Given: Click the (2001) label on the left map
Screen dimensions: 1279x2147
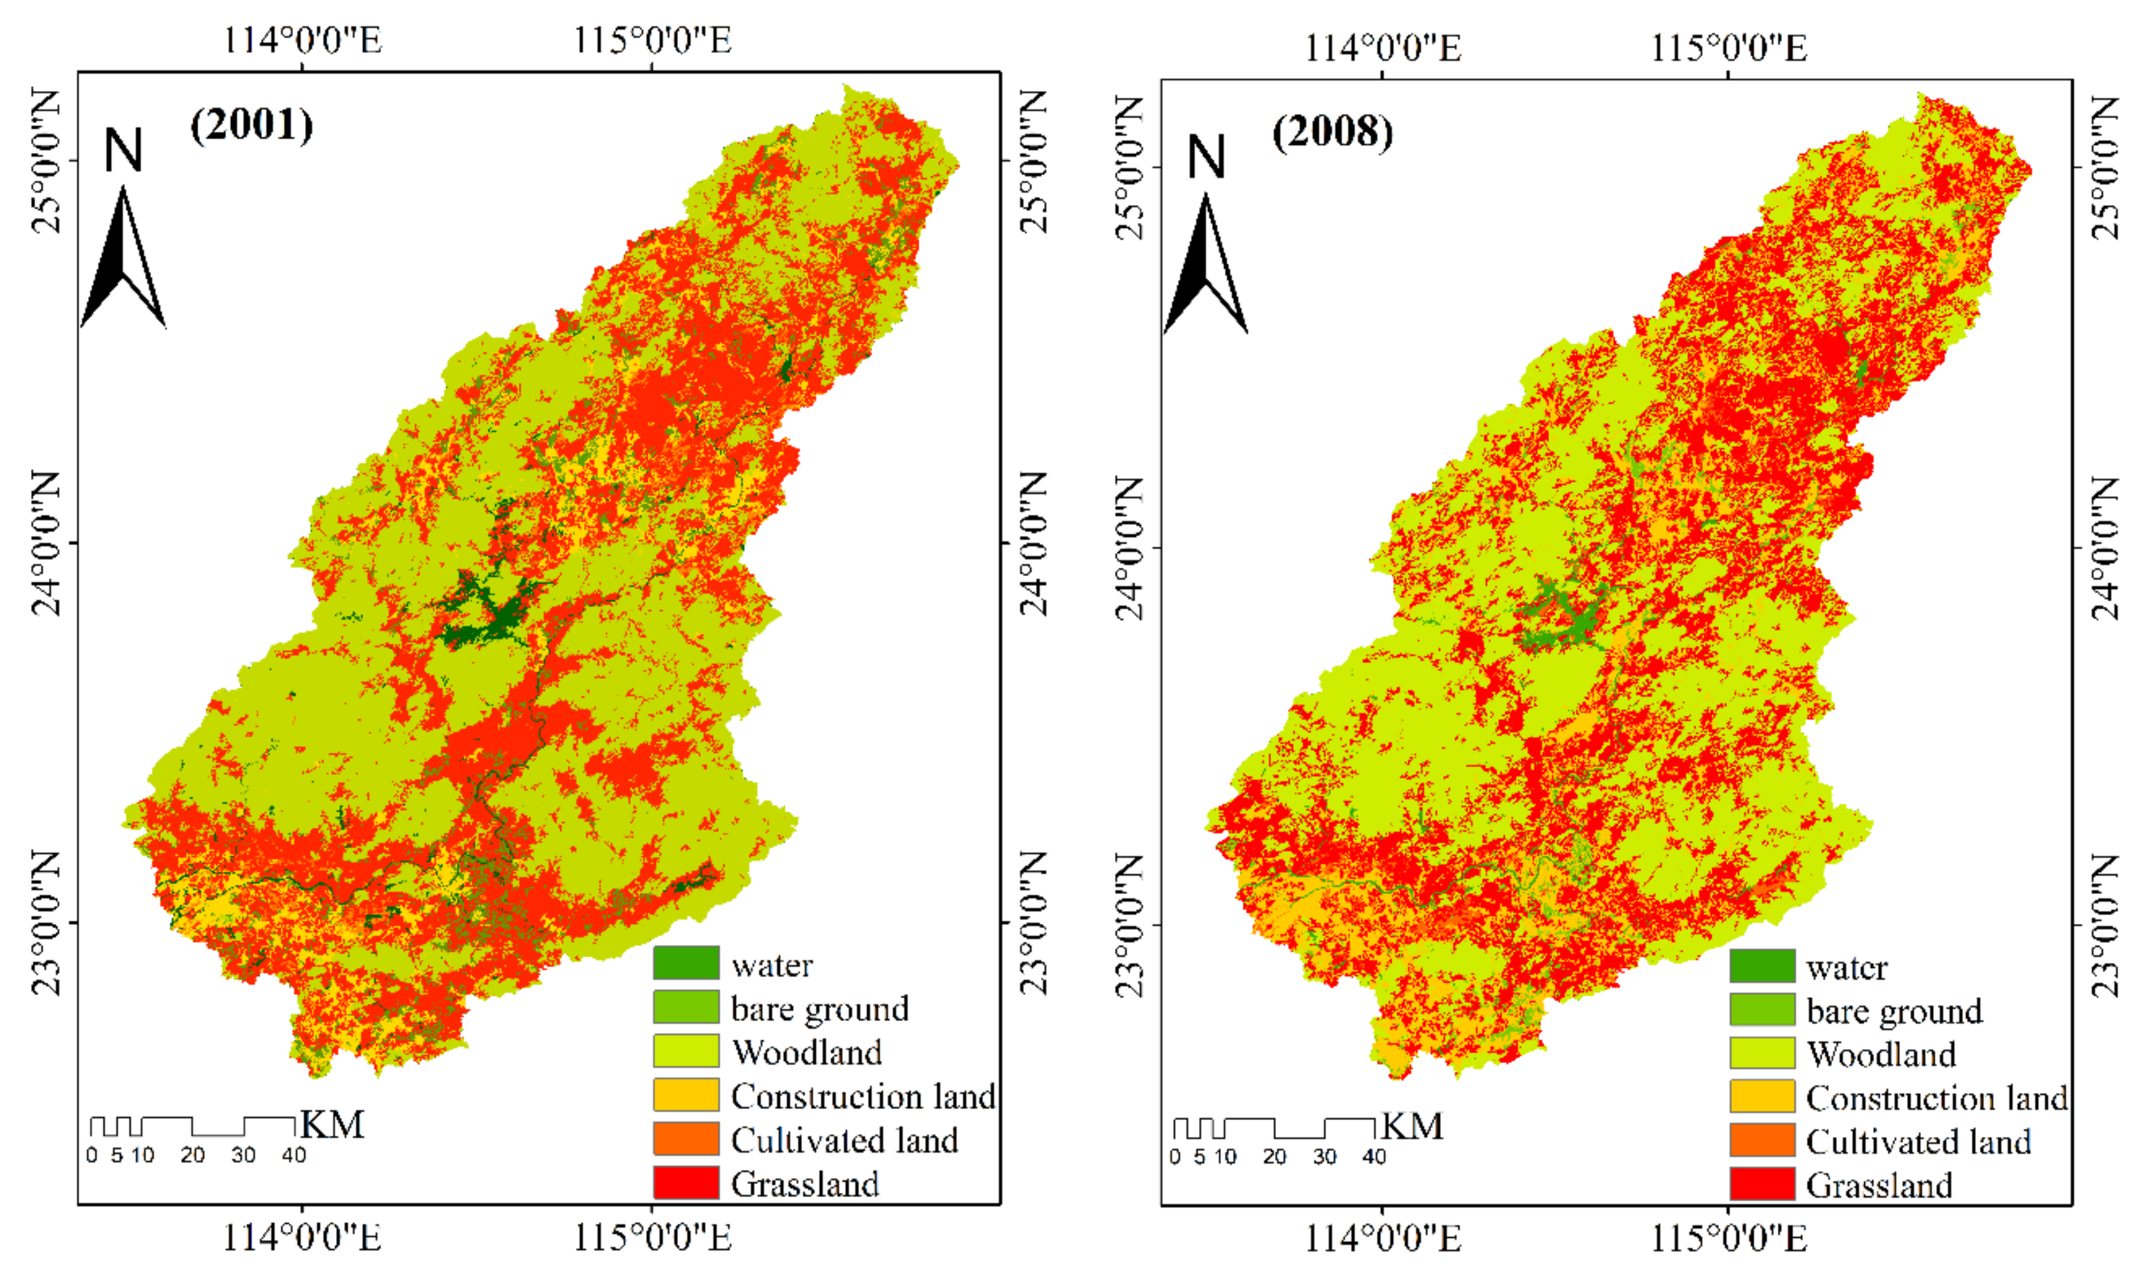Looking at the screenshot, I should pyautogui.click(x=251, y=125).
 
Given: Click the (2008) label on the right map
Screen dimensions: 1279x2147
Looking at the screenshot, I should pyautogui.click(x=1332, y=133).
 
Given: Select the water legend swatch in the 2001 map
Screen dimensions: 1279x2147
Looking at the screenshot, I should pyautogui.click(x=685, y=962).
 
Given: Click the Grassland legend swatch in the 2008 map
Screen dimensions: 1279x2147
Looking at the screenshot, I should pyautogui.click(x=1762, y=1184).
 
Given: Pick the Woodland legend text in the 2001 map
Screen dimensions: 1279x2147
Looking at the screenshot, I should pyautogui.click(x=807, y=1052).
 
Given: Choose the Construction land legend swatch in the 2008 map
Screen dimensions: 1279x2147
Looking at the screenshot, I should pyautogui.click(x=1762, y=1096).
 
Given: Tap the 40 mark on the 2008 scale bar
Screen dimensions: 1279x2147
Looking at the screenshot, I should pyautogui.click(x=1374, y=1156).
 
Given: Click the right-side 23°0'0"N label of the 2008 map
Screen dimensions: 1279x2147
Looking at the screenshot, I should pyautogui.click(x=2105, y=925).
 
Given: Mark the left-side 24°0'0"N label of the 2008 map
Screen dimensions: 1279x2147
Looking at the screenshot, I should pyautogui.click(x=1129, y=547).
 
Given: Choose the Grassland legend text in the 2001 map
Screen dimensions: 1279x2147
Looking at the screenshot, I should pyautogui.click(x=804, y=1184).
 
